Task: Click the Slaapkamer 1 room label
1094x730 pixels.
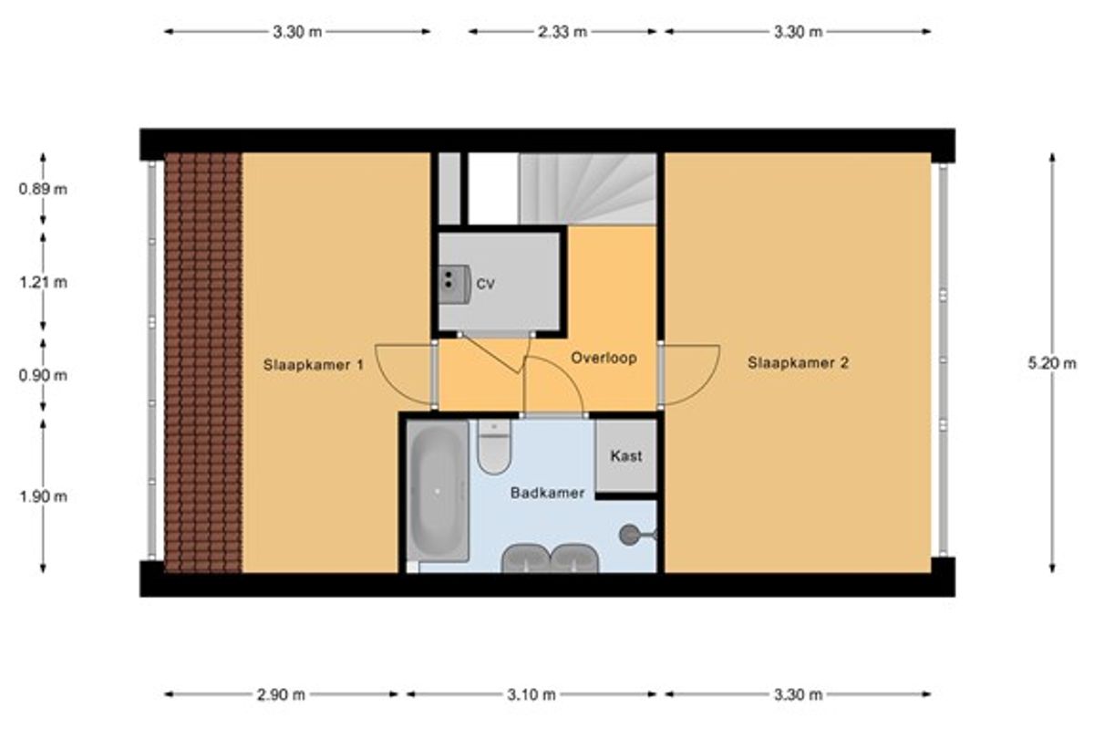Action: (x=313, y=365)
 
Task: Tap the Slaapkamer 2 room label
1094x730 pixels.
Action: (x=798, y=363)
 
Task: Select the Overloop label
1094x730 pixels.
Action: (x=604, y=358)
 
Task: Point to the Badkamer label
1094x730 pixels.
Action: (x=547, y=493)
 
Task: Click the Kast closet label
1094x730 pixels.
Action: (x=626, y=455)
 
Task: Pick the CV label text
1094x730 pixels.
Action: (x=485, y=284)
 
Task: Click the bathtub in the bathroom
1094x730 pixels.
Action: (x=438, y=491)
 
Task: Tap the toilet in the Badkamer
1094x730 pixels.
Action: (x=494, y=446)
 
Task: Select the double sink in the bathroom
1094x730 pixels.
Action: (x=550, y=558)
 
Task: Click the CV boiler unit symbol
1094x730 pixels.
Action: (x=454, y=284)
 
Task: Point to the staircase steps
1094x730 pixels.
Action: (x=587, y=189)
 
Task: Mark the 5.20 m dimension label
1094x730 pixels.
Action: (x=1052, y=363)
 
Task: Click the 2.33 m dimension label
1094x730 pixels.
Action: (x=562, y=32)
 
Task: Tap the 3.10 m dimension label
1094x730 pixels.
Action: (x=532, y=694)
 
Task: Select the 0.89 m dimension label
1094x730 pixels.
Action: (x=43, y=189)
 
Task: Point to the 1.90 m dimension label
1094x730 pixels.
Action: (x=43, y=496)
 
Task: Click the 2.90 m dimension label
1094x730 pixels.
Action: (x=282, y=694)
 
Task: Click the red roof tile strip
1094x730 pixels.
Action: (x=203, y=362)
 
